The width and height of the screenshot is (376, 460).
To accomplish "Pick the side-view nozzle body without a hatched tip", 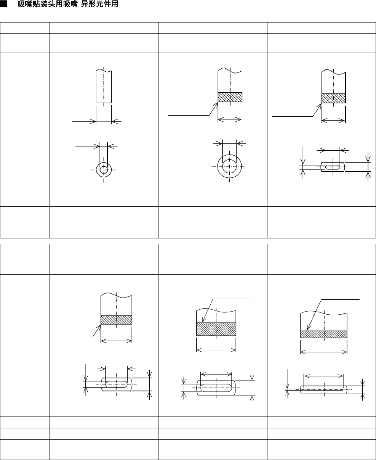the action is click(104, 86).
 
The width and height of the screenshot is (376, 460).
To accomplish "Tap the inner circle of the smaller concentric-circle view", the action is click(104, 169).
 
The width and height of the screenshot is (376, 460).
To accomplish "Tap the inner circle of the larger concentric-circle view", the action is click(229, 166).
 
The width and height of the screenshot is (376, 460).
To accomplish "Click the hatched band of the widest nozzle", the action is click(323, 334).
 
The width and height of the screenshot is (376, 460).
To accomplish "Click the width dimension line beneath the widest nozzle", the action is click(323, 352).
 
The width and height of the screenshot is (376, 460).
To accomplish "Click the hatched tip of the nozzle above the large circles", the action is click(230, 98).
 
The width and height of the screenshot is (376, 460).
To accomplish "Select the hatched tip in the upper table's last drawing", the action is click(333, 98).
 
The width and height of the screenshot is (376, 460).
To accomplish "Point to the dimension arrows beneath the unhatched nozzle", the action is click(104, 122).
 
